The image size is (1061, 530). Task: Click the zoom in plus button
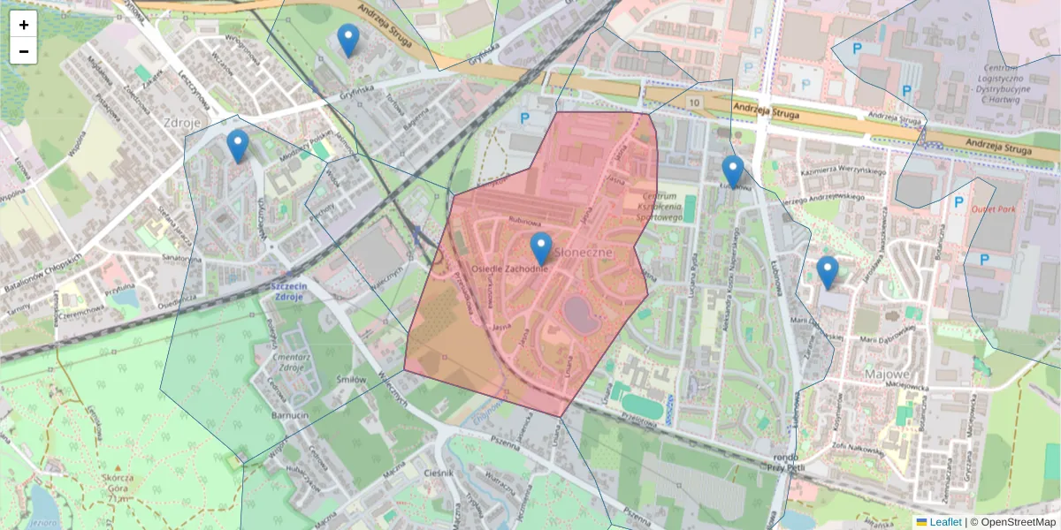point(24,25)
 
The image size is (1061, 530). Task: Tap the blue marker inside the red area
point(540,248)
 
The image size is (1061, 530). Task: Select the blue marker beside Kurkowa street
point(732,171)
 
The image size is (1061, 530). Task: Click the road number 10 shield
point(695,103)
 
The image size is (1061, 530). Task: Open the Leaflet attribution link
point(944,522)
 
